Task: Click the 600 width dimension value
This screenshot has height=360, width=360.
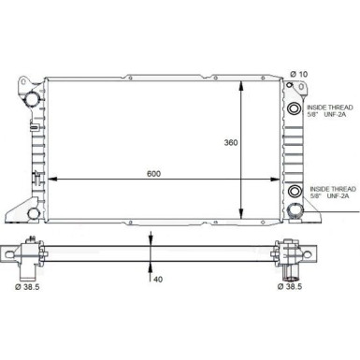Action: coord(152,172)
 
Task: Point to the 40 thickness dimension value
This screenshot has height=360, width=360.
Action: coord(157,279)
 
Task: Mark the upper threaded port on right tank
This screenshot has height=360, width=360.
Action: coord(295,110)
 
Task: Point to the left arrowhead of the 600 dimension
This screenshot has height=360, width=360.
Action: coord(49,179)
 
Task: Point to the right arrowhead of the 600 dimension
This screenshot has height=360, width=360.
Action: coord(281,179)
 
